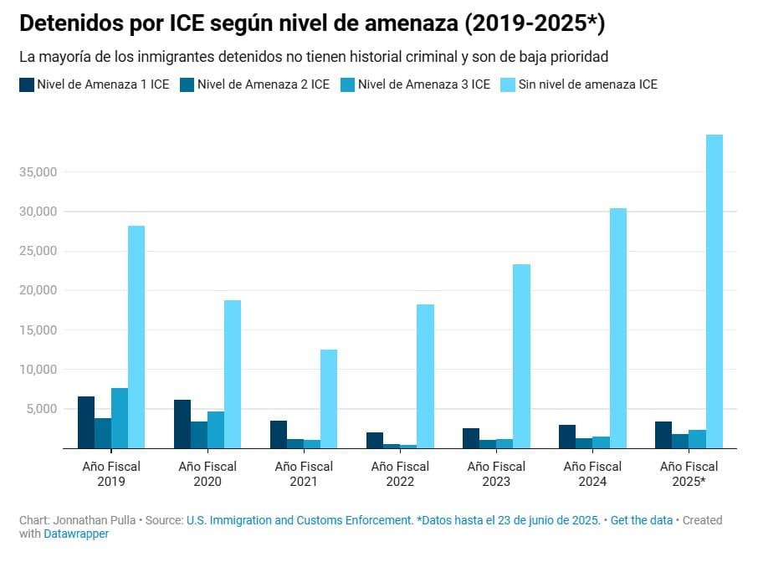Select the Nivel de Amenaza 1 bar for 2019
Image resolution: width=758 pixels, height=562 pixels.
tap(86, 422)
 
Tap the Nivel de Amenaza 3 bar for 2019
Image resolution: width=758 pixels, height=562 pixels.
tap(120, 418)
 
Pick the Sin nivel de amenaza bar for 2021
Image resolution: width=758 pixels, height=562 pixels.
tap(329, 399)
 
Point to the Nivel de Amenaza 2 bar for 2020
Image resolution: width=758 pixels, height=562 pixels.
tap(199, 435)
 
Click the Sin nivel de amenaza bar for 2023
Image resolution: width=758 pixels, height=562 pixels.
tap(521, 356)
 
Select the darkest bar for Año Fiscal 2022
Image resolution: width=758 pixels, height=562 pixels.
tap(375, 440)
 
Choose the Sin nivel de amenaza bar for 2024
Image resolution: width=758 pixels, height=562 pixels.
tap(617, 328)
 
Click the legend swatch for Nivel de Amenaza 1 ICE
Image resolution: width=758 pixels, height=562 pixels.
tap(27, 84)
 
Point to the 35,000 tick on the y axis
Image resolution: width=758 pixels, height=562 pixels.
tap(38, 172)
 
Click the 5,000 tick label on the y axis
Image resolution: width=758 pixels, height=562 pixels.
tap(41, 409)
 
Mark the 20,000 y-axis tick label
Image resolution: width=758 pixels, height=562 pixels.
tap(38, 290)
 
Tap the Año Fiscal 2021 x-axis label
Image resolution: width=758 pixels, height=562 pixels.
tap(304, 473)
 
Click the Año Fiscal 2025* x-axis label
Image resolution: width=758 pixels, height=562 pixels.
tap(689, 473)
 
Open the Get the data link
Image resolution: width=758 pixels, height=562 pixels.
tap(642, 520)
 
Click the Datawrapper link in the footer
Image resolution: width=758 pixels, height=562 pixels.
tap(75, 534)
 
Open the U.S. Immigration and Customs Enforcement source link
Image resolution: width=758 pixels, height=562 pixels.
tap(300, 520)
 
